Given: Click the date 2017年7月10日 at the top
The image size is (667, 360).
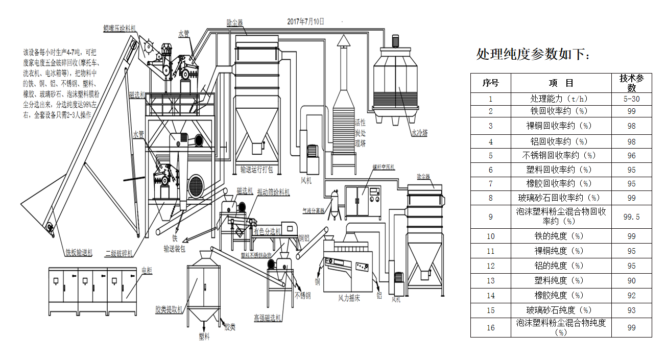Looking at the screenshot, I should point(305,21).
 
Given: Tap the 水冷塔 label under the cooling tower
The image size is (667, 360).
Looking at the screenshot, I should point(419,133).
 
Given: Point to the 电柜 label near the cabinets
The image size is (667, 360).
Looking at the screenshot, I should point(147,270).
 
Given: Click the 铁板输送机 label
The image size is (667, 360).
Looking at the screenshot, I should point(79,252).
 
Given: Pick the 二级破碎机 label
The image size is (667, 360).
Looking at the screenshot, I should point(118,253).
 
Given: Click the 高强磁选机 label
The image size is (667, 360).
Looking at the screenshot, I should point(268,317).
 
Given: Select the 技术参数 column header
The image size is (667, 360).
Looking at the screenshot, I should point(632,83).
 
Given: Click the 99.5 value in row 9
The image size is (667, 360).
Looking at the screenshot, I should point(632,217).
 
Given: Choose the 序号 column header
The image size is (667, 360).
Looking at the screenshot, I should point(490,83).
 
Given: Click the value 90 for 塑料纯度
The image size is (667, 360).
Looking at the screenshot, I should point(632,280).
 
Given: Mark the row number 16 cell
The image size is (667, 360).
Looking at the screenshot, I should point(490,328).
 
